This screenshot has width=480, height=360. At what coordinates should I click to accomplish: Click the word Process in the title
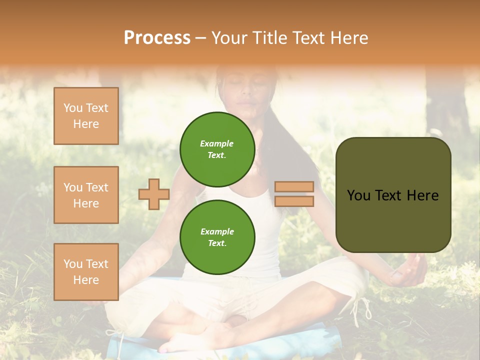click(157, 37)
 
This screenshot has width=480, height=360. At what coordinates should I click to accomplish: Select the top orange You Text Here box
click(86, 116)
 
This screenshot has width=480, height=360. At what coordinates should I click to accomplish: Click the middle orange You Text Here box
click(86, 195)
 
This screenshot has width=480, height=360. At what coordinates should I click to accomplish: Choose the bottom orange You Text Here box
click(86, 271)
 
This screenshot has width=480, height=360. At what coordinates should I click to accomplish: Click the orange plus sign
click(154, 194)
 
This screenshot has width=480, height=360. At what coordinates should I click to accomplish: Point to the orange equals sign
click(294, 194)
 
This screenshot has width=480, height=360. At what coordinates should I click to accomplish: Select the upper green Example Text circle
click(217, 149)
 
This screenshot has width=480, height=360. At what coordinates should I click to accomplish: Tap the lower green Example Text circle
click(217, 237)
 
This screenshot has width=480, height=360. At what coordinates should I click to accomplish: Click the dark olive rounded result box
click(393, 195)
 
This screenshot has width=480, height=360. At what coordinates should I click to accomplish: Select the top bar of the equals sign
click(294, 187)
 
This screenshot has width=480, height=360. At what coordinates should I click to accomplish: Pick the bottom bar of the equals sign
click(294, 201)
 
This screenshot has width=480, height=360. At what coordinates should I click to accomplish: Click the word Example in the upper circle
click(216, 143)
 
